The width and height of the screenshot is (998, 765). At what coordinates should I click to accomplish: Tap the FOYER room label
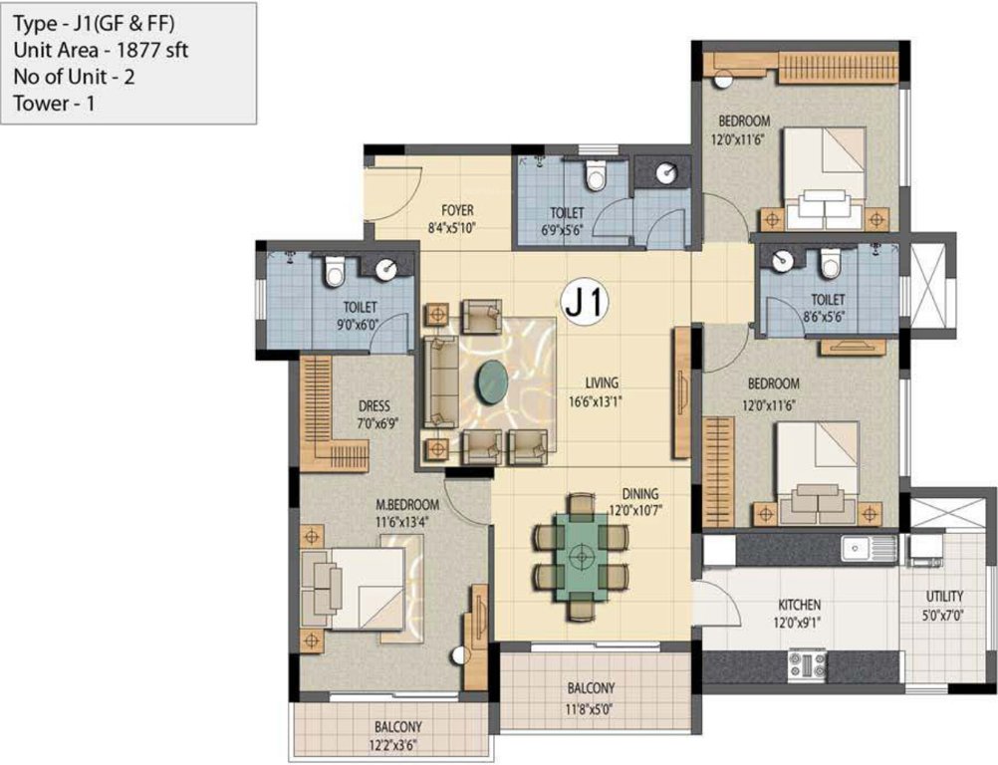click(457, 210)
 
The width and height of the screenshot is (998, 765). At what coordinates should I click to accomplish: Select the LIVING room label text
click(602, 382)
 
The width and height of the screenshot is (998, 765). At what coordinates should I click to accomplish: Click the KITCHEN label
click(799, 605)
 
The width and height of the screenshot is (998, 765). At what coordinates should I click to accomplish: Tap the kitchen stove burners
click(807, 663)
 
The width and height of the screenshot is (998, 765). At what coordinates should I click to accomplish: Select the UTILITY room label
click(943, 597)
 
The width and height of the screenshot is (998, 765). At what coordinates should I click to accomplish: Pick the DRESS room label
click(374, 406)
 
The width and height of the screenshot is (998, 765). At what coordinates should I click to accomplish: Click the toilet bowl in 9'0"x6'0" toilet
click(334, 270)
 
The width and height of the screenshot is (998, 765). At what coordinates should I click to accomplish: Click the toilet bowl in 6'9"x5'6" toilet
click(596, 177)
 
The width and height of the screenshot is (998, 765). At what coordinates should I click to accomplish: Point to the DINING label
click(640, 493)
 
